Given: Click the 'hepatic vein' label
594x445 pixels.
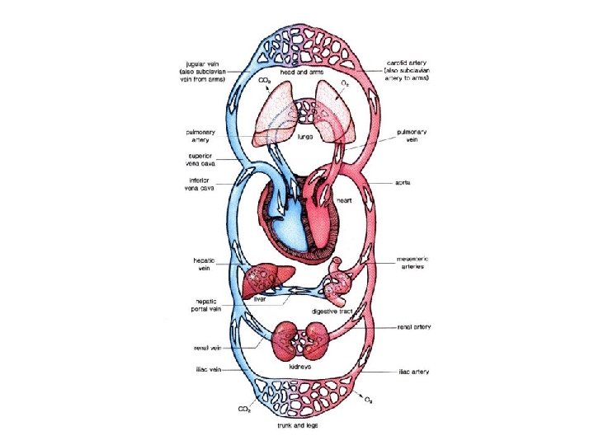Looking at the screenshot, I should click(200, 264).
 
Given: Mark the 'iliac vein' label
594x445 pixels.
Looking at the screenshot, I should click(203, 372).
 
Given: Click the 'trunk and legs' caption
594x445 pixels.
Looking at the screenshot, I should click(298, 425).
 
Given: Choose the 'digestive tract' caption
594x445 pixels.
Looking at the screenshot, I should click(333, 311).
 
